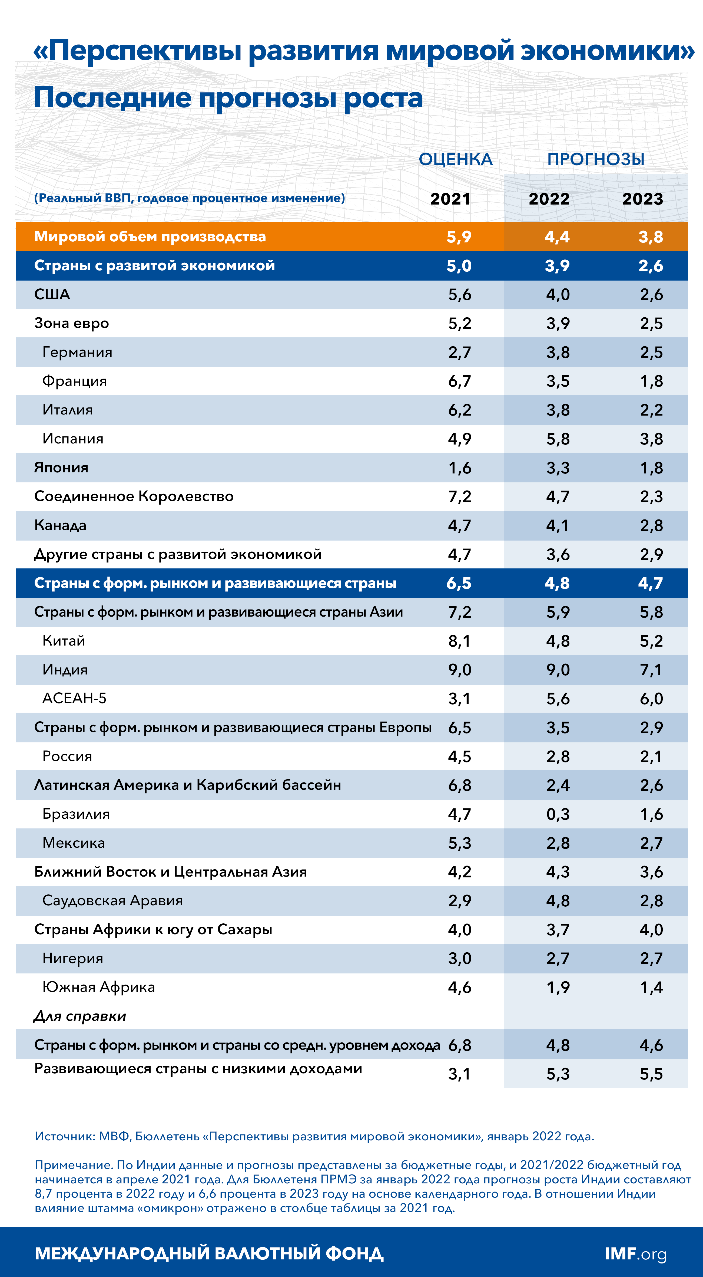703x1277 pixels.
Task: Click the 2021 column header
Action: pos(450,199)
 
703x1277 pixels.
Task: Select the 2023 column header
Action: pos(642,199)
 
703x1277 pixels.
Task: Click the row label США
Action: pos(52,294)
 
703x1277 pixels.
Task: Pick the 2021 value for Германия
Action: pos(459,353)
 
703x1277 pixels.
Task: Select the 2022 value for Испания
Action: pos(558,439)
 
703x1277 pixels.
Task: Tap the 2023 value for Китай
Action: pos(651,641)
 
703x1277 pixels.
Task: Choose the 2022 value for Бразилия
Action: pos(558,814)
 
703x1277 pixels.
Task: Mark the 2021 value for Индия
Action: pos(459,670)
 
